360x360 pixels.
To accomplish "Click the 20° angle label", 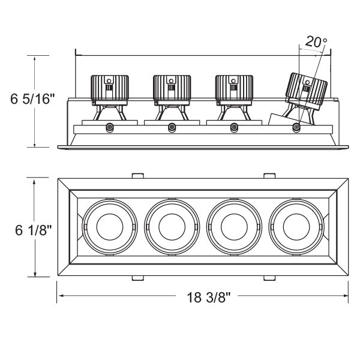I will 316,42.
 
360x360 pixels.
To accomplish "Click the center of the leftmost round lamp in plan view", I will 109,227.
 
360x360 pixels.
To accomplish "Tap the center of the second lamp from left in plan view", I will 172,227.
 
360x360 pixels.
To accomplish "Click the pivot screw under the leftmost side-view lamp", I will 109,127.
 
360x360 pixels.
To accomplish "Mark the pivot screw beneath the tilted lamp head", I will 296,127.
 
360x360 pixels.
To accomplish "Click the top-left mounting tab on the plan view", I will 137,175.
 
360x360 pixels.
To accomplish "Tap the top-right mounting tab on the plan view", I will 269,175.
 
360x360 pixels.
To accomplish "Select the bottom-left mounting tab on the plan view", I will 137,278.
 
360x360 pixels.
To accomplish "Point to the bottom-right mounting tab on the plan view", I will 269,278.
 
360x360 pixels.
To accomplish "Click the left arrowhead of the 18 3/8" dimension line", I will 60,296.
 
